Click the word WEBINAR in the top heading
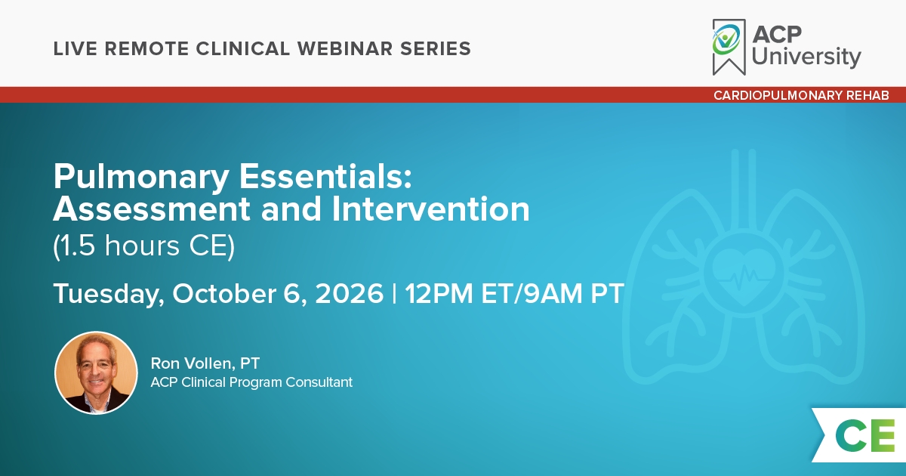[345, 48]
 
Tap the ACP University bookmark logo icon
[729, 47]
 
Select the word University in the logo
[806, 57]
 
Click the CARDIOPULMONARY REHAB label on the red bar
[801, 95]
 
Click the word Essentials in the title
[325, 177]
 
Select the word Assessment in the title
[152, 209]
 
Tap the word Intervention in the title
[430, 209]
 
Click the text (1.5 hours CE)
[144, 246]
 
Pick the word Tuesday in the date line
[109, 294]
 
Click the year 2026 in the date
[349, 293]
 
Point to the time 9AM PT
[575, 293]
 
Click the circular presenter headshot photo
[96, 372]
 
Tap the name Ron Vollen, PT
[205, 363]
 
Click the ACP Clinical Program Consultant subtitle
[251, 382]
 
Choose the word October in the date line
[224, 293]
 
